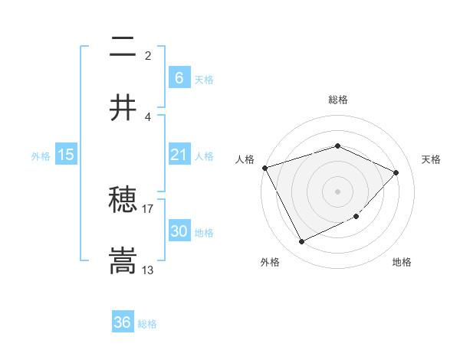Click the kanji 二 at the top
123,49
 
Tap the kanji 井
123,108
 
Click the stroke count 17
148,208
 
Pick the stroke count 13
148,270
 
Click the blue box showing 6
179,77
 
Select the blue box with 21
179,155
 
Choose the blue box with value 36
122,322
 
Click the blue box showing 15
66,155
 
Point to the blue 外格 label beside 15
41,156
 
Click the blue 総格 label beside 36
147,324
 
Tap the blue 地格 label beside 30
204,233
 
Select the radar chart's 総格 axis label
337,100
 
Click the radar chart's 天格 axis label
432,159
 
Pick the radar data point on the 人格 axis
264,168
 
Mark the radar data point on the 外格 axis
301,242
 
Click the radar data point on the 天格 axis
396,172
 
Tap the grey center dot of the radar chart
337,191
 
